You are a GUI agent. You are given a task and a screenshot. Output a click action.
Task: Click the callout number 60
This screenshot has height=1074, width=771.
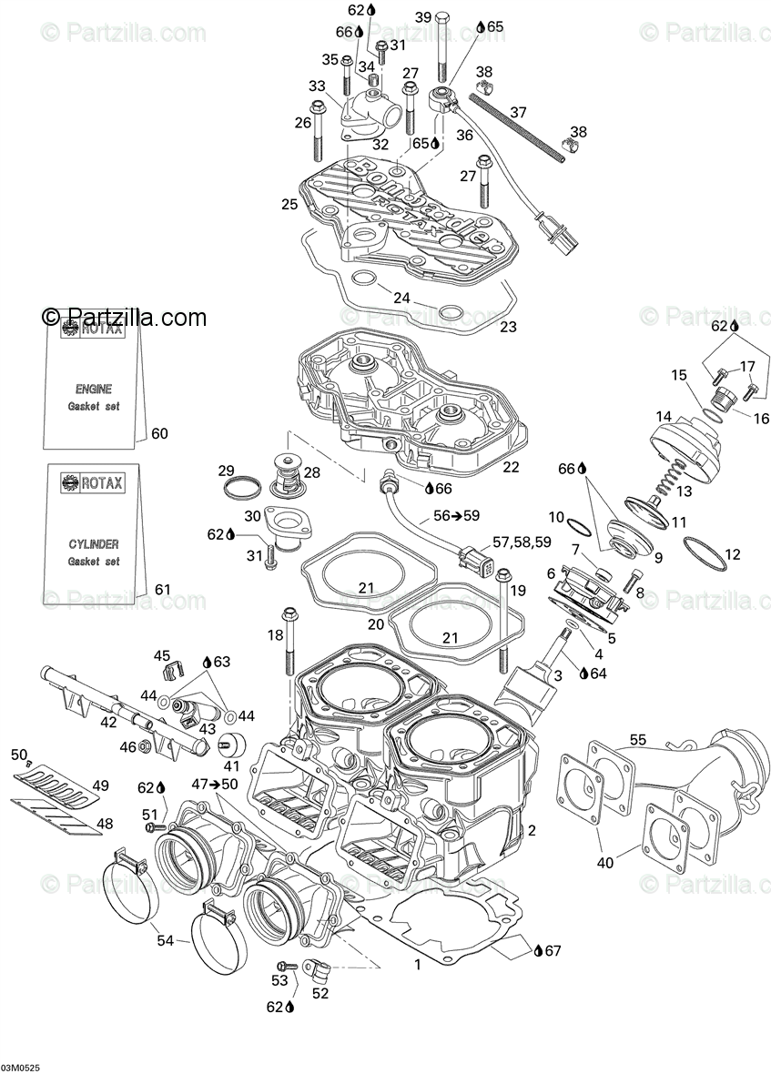tap(159, 433)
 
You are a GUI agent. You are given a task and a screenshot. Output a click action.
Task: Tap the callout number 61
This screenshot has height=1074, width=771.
tap(161, 590)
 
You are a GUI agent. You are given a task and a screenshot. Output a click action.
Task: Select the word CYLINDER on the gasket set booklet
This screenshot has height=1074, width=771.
tap(94, 543)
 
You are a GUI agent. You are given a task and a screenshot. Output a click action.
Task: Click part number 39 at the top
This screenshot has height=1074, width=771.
tap(424, 17)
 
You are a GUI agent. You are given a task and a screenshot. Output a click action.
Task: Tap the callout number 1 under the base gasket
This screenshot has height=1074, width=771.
tap(418, 963)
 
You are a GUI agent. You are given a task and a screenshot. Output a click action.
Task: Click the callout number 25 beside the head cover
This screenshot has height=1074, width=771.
tap(289, 204)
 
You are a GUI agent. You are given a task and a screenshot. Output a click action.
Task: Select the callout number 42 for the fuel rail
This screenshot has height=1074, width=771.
tap(108, 723)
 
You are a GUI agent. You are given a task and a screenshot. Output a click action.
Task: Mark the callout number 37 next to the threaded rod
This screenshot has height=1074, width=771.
tap(517, 113)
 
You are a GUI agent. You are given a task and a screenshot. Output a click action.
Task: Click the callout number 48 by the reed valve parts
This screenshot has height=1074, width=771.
tap(106, 824)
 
